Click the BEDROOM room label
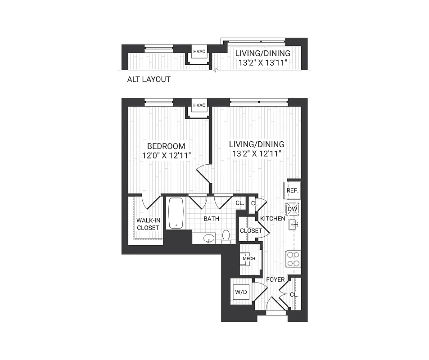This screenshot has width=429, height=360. [x=166, y=146]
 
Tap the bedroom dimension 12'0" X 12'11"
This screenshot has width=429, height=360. [x=166, y=155]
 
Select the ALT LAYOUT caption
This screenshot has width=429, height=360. [x=149, y=80]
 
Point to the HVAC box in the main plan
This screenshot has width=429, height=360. [x=199, y=106]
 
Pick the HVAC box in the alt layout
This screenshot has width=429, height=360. [x=199, y=52]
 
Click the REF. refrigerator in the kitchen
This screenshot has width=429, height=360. [x=293, y=190]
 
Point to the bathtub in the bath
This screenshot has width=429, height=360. [x=176, y=213]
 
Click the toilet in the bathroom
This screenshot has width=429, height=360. [x=226, y=236]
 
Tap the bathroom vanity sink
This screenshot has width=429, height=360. [x=208, y=238]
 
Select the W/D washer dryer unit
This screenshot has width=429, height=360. [x=242, y=292]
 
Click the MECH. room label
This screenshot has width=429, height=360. [x=249, y=259]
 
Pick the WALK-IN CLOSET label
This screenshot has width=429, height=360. [x=148, y=224]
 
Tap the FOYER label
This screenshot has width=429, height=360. [x=275, y=279]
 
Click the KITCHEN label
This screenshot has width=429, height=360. [x=272, y=219]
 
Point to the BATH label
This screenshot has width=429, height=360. [x=212, y=219]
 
